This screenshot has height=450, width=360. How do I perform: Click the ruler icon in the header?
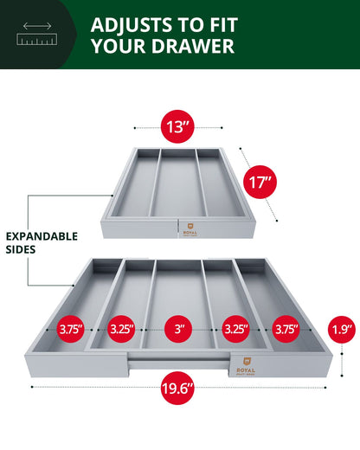coord(32,33)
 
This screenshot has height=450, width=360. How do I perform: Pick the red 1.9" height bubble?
coord(340,329)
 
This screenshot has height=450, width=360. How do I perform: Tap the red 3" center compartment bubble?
coord(179,329)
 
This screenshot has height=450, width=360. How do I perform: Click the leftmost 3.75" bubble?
coord(72,329)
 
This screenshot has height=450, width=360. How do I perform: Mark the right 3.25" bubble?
coord(234,329)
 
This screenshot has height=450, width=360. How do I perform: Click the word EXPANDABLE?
coord(42,235)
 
